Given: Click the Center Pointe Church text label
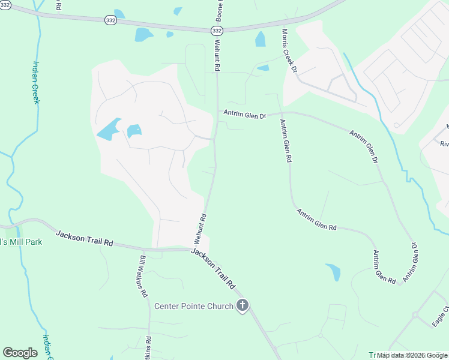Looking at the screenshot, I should point(194,307).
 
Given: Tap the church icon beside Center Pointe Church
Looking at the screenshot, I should point(243,306).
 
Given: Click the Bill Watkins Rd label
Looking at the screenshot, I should point(143,277).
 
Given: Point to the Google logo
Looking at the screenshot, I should point(20,353).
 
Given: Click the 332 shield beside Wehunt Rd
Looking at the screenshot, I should point(217,30).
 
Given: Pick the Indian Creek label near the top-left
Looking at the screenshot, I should point(36,82).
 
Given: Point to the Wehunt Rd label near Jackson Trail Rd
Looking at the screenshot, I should point(200,229).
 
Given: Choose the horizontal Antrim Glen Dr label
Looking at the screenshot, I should point(244,113).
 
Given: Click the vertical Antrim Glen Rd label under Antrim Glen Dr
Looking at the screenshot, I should point(285,141).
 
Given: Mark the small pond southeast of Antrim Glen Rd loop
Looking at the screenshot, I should point(334,272).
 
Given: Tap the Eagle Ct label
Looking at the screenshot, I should point(440,317).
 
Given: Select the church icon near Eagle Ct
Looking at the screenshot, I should point(415,314).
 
